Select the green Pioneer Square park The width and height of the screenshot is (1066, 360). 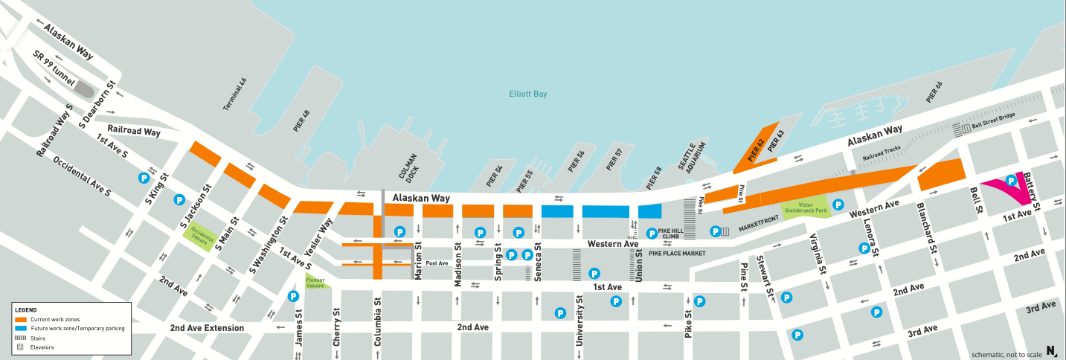point(315,282)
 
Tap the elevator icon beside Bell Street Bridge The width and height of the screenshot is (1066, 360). point(966,129)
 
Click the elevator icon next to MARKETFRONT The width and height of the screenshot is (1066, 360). point(725,232)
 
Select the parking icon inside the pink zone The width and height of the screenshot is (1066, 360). point(1011,180)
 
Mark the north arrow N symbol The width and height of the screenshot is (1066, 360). point(1051,351)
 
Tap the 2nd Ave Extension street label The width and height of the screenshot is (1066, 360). point(206,328)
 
